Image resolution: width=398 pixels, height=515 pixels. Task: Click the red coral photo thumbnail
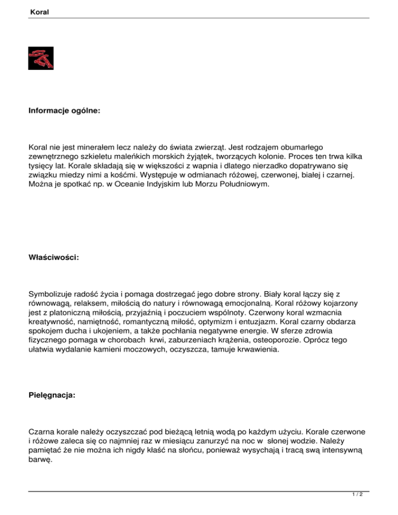tap(41, 58)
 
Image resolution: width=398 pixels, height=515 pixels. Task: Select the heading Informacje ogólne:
tap(63, 110)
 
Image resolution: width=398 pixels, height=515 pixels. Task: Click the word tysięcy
tap(42, 166)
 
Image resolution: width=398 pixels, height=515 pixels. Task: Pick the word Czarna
tap(41, 432)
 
